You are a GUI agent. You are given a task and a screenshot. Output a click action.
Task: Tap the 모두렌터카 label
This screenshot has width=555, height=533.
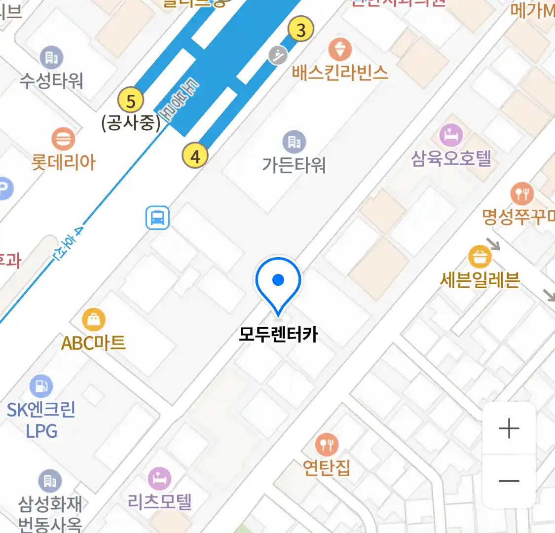pos(278,335)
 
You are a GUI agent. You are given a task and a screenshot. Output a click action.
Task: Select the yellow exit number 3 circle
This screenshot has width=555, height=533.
pos(300,29)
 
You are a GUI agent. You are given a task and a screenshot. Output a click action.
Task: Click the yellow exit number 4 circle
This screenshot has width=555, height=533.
pos(195,156)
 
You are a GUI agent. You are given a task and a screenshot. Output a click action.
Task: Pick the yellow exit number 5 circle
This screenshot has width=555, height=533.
pos(130,101)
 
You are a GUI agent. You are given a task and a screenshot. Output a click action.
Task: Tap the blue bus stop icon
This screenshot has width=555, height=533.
pos(157,218)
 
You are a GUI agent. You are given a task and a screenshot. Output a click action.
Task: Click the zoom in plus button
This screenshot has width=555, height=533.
pos(509,428)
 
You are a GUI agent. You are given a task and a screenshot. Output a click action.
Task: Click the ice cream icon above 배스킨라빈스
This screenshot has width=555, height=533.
pos(340,50)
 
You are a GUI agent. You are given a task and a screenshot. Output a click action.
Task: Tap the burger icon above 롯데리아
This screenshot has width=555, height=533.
pos(63,139)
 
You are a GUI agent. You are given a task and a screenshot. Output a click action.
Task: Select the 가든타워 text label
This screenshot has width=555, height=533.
pos(294,165)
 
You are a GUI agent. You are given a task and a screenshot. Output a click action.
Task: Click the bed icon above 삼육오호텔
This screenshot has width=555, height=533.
pos(451,135)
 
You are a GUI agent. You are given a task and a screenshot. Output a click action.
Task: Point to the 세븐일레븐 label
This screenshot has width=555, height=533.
pos(480,280)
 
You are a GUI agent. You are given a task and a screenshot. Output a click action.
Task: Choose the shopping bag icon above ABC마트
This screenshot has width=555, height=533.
pos(93,320)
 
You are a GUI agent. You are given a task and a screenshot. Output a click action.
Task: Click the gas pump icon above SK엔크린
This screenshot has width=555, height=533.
pos(41,386)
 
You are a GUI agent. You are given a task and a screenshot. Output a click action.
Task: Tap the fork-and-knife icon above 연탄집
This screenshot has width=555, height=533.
pos(326,445)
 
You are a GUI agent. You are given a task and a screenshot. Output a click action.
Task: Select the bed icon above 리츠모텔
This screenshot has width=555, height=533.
pos(159,478)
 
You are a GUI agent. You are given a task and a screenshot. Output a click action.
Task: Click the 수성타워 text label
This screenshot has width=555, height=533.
pos(51,80)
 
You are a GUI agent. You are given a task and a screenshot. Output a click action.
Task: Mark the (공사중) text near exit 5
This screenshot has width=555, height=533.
pos(131,123)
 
